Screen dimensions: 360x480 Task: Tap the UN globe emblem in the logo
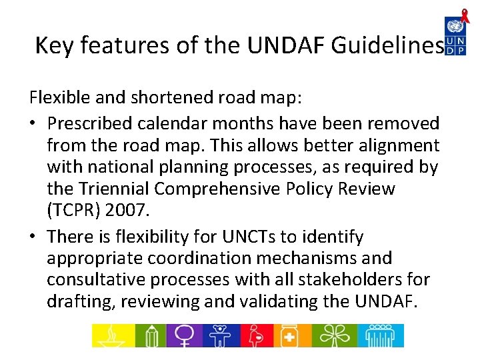455,27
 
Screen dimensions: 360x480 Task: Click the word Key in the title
51,45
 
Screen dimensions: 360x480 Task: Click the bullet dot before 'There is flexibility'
35,237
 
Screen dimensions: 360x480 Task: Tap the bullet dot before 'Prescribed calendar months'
35,124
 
